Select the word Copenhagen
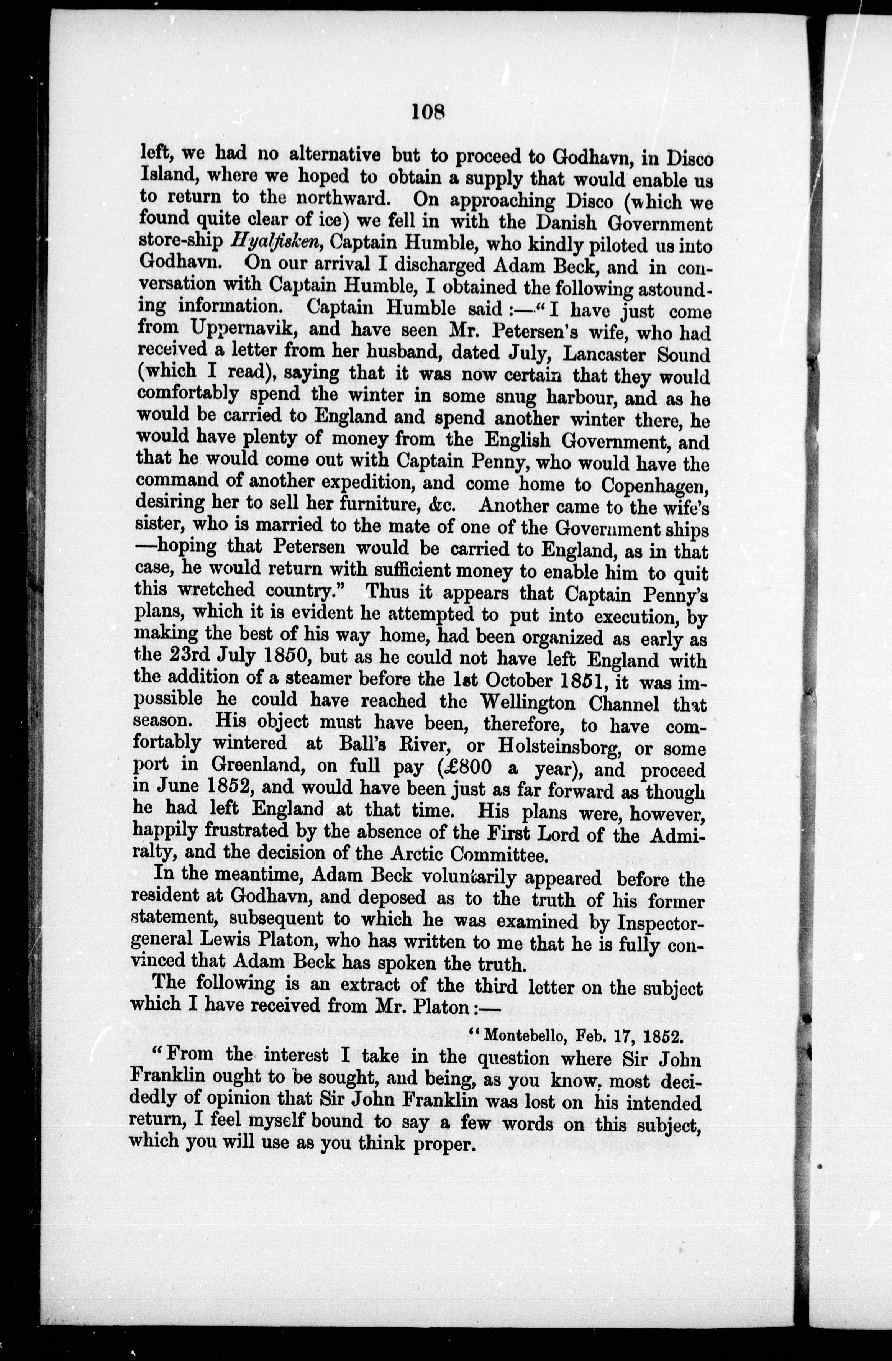tap(655, 485)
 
